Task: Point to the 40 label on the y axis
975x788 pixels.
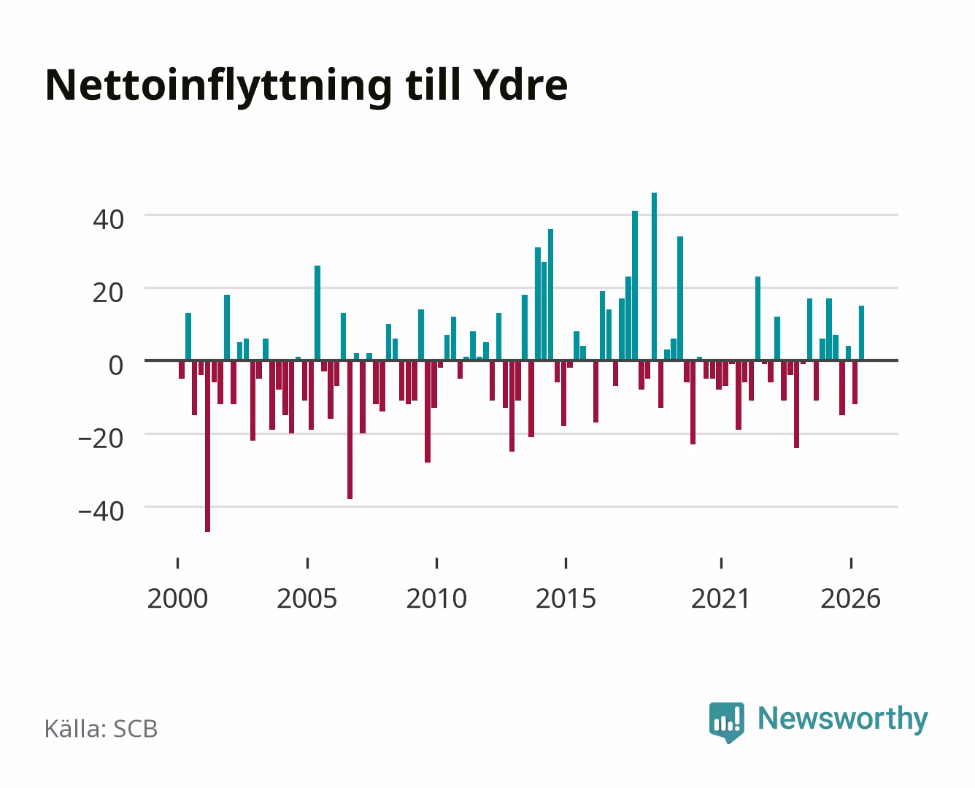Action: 108,220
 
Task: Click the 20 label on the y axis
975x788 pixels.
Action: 108,293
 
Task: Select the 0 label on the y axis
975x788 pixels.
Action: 116,366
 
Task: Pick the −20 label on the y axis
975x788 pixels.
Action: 101,439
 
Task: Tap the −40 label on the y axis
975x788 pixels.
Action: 101,511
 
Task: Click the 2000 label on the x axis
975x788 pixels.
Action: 177,598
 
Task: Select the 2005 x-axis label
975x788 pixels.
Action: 307,598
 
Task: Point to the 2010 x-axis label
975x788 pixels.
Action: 436,598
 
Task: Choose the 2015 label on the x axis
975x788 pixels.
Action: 566,598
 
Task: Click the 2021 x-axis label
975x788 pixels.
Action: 721,598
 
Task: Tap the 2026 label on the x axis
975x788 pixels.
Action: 850,598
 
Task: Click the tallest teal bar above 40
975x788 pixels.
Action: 654,277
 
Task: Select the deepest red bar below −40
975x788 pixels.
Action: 207,446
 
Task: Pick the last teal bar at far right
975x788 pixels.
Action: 861,333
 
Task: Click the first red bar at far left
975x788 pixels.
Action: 182,370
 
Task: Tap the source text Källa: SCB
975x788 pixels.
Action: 101,729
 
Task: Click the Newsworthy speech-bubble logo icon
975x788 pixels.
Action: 727,722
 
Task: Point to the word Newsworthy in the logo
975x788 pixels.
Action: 843,719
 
